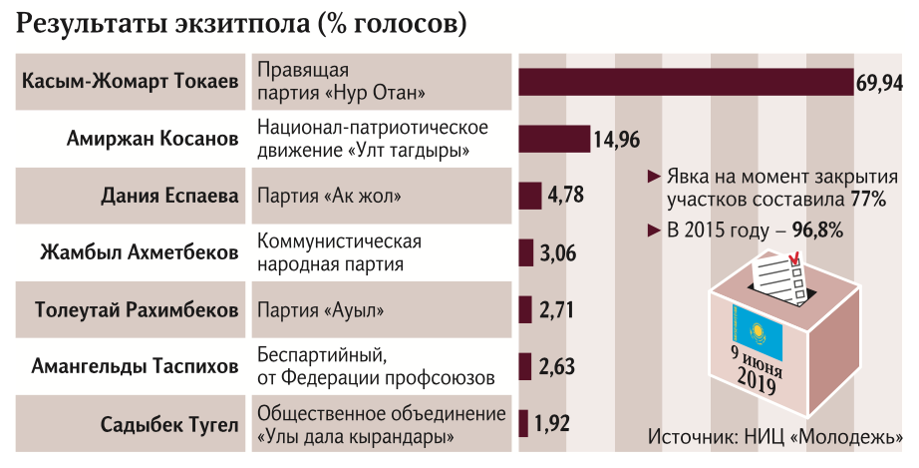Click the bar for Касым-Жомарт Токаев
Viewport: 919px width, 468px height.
(685, 82)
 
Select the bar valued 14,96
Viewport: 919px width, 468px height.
(553, 139)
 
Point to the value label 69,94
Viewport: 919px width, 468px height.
(879, 83)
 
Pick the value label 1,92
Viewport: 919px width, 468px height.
(551, 424)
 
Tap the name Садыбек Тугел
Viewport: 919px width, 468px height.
(169, 425)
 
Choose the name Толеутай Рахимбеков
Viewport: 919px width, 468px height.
(137, 310)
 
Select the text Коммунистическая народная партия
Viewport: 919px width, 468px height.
(339, 253)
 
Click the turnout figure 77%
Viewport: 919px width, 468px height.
(868, 200)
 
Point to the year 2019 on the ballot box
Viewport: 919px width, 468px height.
(760, 378)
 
